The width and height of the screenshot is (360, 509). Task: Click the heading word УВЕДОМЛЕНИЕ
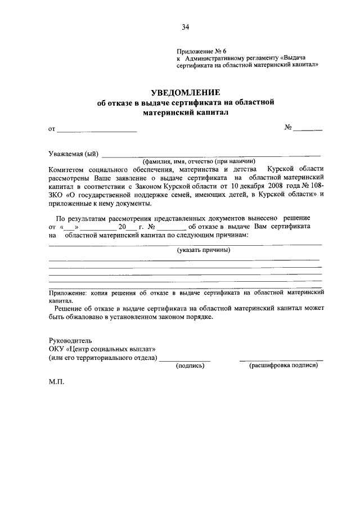(185, 92)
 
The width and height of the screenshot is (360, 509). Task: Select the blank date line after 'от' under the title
(96, 130)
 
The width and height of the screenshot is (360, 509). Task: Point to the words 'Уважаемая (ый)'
(73, 154)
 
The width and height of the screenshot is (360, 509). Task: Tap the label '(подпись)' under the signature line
(190, 365)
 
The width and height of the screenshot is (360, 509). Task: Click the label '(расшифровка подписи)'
(283, 365)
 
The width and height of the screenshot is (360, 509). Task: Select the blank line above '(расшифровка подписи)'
(281, 359)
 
